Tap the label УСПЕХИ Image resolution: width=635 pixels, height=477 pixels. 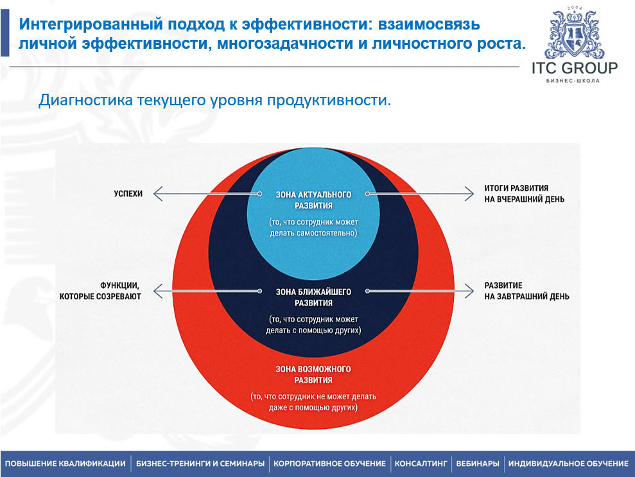point(128,193)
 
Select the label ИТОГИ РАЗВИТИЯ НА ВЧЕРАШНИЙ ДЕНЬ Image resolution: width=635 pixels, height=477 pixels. point(525,194)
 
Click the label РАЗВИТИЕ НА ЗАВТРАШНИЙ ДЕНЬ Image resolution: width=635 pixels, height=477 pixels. point(526,291)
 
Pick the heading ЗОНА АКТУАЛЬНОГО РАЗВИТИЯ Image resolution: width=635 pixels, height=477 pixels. point(313,200)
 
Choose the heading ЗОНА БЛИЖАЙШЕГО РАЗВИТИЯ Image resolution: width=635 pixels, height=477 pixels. point(313,297)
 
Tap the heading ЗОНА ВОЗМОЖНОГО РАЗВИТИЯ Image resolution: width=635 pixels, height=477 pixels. point(313,374)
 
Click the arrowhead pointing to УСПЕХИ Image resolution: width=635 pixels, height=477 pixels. point(157,193)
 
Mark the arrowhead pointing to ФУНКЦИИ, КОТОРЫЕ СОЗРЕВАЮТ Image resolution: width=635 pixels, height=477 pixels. point(157,291)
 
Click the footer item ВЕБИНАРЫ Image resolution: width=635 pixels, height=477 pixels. point(477,464)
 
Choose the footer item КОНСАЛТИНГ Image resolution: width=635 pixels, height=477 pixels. point(421,464)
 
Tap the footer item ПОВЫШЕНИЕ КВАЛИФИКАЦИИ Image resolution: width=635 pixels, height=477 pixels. point(65,464)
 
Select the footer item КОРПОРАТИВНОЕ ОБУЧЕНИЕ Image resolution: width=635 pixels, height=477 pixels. point(329,464)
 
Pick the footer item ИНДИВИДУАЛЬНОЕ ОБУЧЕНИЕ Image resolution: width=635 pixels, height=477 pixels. point(568,464)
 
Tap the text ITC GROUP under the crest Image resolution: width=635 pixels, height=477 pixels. point(575,68)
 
